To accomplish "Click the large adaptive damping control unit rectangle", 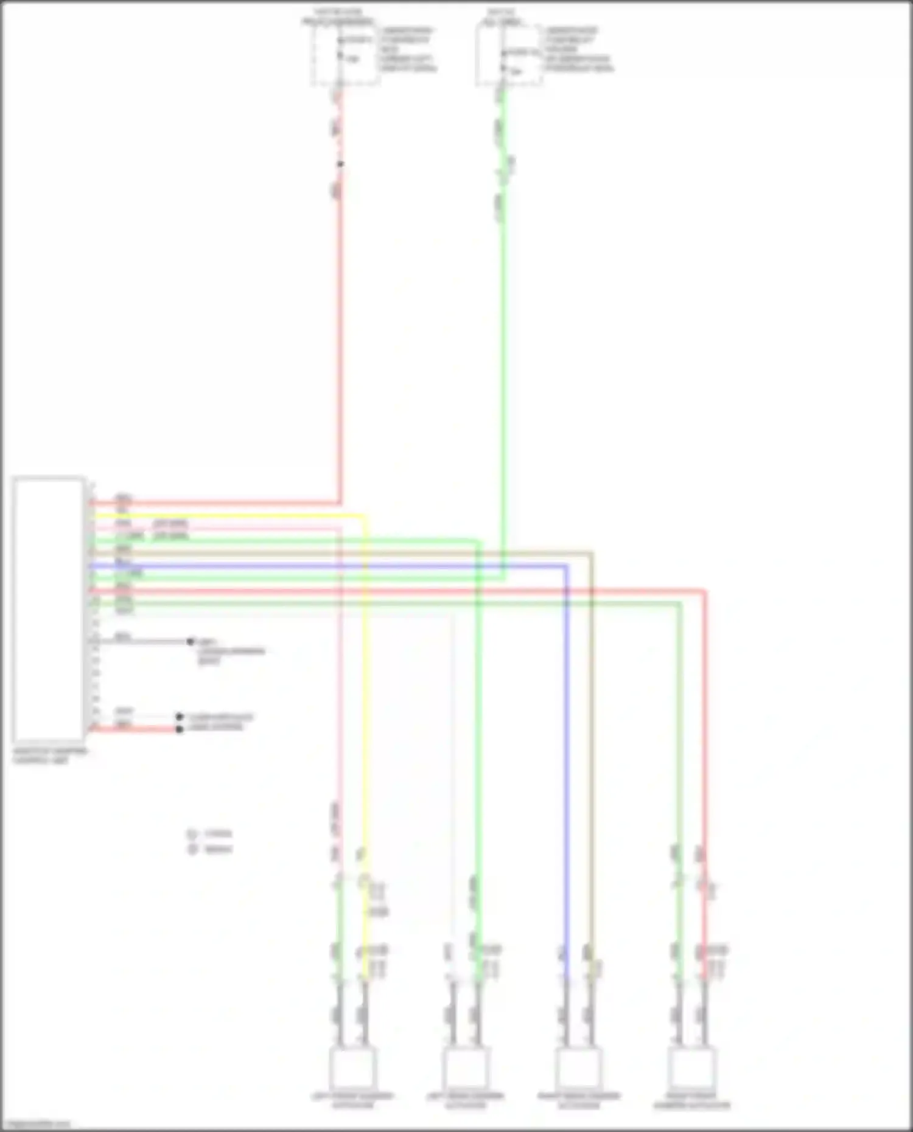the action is pos(49,608).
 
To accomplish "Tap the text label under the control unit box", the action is pos(50,755).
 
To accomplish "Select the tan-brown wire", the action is pos(590,730).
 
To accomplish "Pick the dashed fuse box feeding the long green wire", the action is pos(509,55).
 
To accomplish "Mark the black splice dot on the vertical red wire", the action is pos(340,164).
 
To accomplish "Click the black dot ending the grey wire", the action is pos(191,641).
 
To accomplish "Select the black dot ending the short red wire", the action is pos(179,729).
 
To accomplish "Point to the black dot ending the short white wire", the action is pos(179,717).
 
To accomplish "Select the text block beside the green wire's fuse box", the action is pos(578,49).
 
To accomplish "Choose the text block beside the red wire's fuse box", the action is pos(408,49).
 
